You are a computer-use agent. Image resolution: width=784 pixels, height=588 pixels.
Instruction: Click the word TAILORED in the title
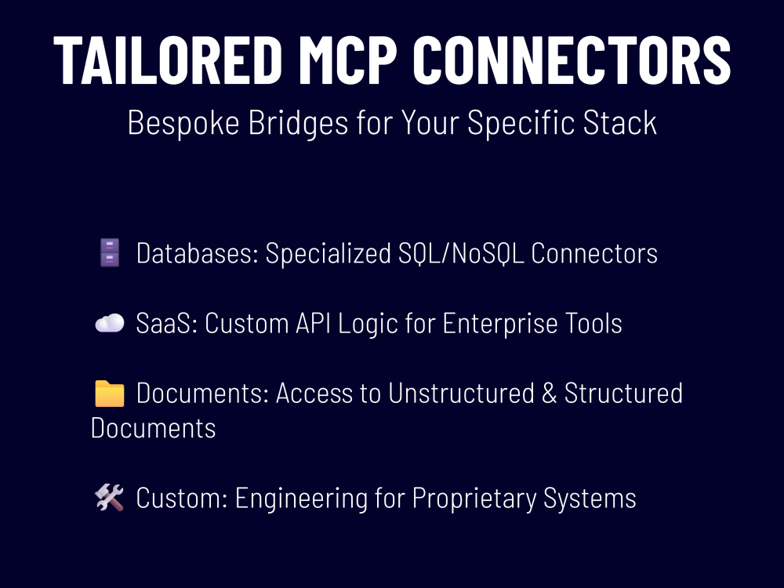(x=168, y=60)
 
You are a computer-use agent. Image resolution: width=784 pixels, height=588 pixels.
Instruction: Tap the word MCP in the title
(x=347, y=60)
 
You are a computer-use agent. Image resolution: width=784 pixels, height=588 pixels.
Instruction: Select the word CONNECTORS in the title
(x=572, y=60)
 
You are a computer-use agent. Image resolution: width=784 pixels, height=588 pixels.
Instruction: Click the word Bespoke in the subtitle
(x=183, y=123)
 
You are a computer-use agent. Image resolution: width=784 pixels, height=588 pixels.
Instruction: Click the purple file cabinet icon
(x=110, y=252)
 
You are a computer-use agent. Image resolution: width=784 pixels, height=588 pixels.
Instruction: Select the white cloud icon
(x=110, y=323)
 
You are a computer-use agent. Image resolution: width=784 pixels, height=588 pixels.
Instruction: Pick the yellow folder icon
(x=110, y=393)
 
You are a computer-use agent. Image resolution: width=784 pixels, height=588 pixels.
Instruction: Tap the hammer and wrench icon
(x=110, y=498)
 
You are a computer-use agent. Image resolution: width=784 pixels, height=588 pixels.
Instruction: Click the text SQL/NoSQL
(x=461, y=253)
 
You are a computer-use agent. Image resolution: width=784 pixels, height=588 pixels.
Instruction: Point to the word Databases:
(x=198, y=253)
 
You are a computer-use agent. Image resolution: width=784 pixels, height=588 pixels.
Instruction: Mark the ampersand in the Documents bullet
(x=549, y=393)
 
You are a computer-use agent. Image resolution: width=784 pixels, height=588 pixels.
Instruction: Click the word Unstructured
(x=462, y=393)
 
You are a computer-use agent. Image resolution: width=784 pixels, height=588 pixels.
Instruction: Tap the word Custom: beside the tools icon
(x=182, y=498)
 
